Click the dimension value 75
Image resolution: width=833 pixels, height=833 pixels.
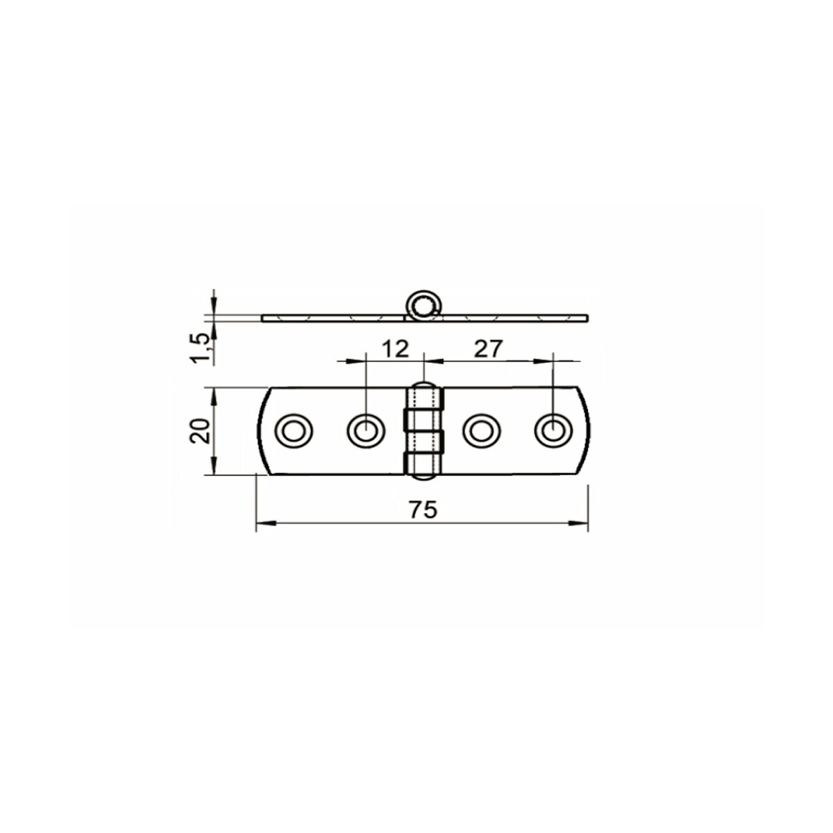point(423,510)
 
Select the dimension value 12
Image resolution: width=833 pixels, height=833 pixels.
point(396,349)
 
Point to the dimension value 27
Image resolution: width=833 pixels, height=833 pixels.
point(489,349)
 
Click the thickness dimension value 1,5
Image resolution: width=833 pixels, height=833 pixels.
point(202,348)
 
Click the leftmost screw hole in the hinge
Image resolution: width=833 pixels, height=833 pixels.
point(294,431)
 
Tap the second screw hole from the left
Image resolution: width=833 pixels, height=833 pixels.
point(366,431)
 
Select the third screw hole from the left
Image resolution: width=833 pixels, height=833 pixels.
point(481,431)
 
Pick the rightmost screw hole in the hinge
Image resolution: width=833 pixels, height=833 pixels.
point(553,431)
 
